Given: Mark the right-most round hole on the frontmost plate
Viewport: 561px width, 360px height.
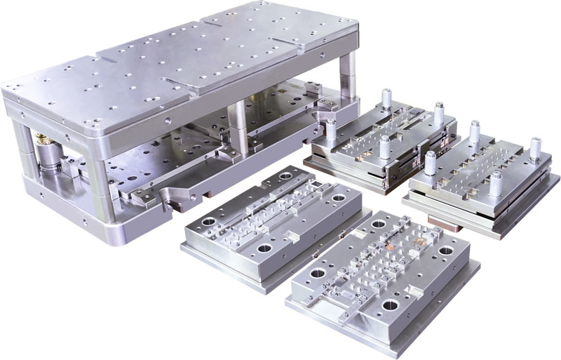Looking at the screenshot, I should tap(445, 250).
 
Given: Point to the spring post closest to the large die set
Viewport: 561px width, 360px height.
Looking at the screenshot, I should tap(330, 131).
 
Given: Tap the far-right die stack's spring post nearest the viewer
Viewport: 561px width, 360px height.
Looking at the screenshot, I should tap(496, 183).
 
